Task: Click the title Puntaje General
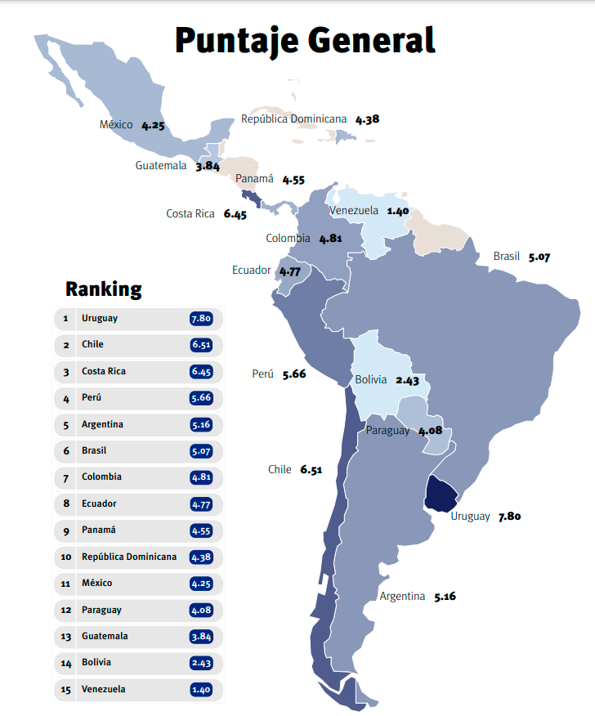click(305, 39)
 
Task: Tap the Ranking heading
click(103, 289)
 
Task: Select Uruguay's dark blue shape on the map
click(442, 493)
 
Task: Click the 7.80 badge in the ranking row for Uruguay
click(201, 318)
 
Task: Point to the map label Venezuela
click(354, 210)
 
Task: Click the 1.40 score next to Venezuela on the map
click(398, 210)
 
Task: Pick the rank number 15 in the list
click(65, 689)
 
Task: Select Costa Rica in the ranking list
click(103, 371)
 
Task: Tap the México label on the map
click(116, 125)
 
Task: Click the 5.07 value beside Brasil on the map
click(539, 257)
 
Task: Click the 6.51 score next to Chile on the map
click(311, 469)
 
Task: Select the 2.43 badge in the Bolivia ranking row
click(201, 663)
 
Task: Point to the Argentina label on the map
click(402, 596)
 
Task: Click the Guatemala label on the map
click(161, 165)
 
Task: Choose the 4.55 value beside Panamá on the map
click(293, 179)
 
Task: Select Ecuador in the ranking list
click(99, 503)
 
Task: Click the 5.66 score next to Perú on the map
click(293, 374)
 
